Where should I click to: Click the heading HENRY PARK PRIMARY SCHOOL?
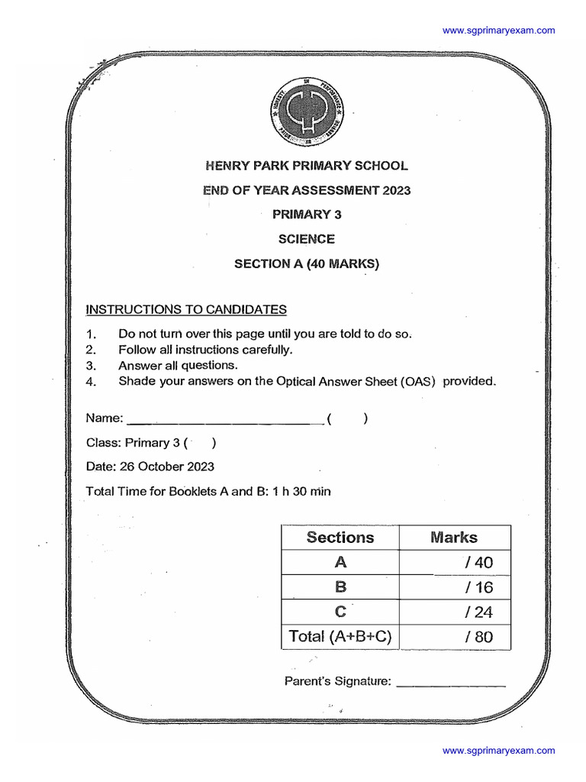(x=307, y=166)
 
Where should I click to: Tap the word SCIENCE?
(x=306, y=239)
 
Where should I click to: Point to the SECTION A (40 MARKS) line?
(x=306, y=264)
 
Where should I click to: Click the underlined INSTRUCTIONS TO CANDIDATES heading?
(x=186, y=309)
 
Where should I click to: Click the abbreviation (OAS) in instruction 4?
(x=418, y=382)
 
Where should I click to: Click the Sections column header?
(x=340, y=537)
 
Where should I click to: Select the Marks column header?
(x=454, y=537)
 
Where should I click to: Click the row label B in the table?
(x=340, y=587)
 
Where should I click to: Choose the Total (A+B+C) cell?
(x=340, y=636)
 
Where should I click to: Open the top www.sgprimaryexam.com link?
(x=499, y=31)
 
